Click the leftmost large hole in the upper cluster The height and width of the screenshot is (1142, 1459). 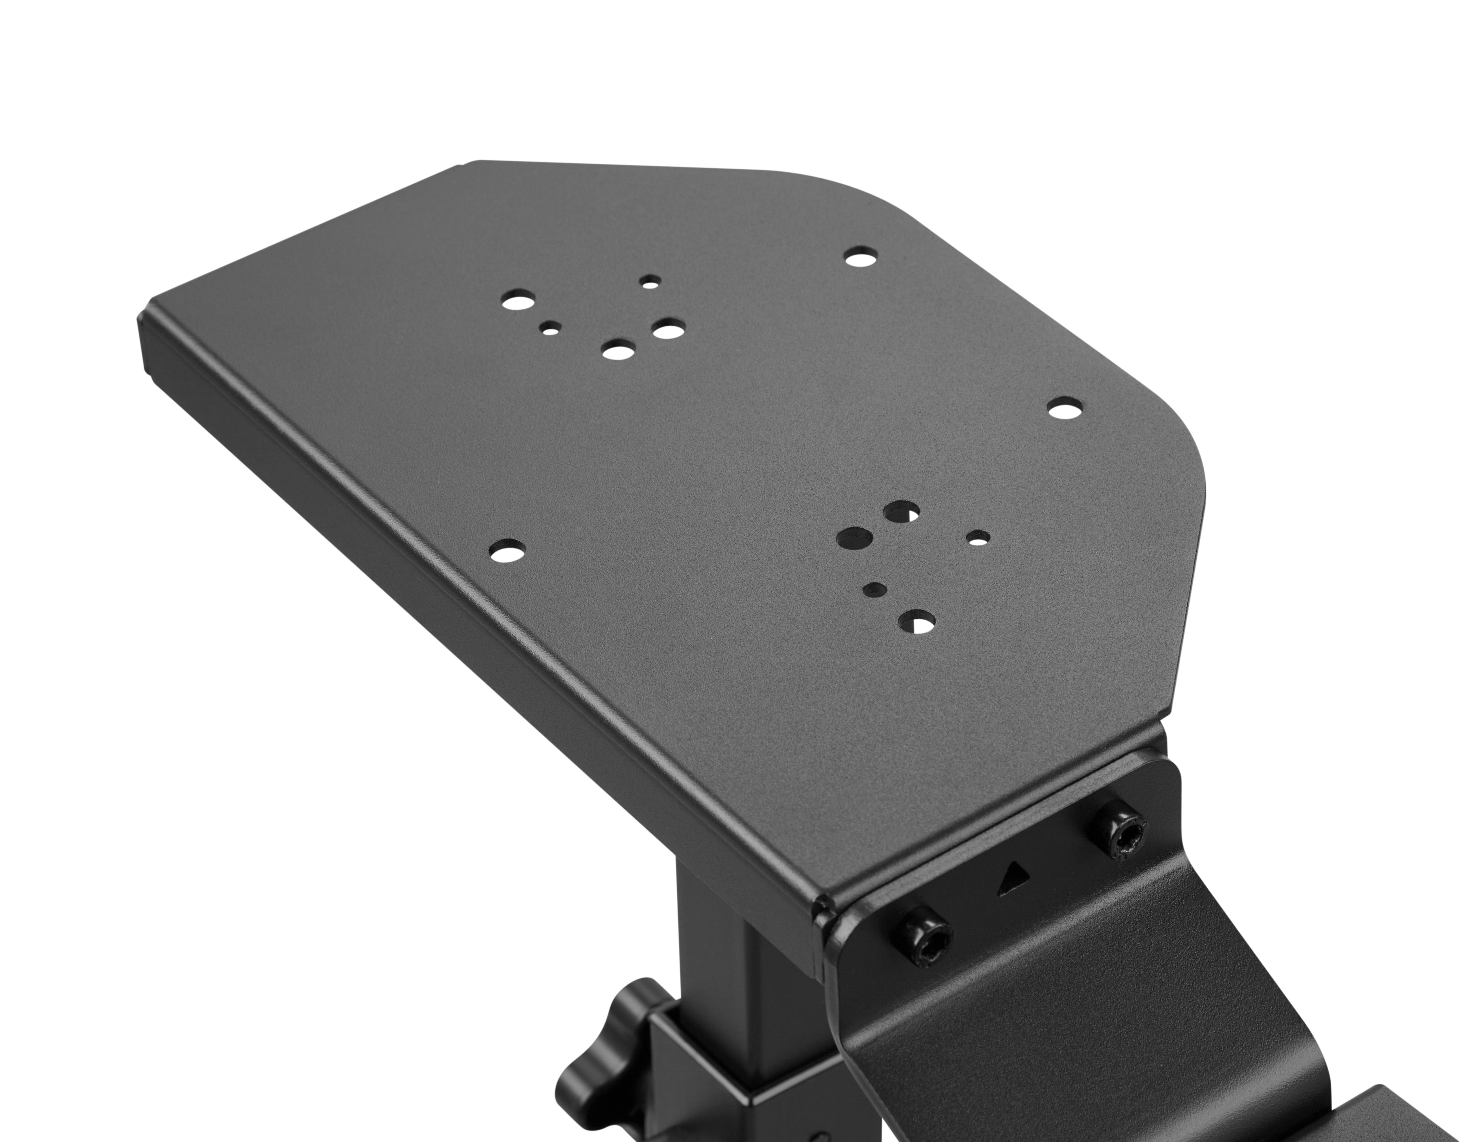coord(519,300)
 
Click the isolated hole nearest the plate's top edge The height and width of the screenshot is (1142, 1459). coord(862,257)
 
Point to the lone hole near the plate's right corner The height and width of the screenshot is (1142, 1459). coord(1065,408)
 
